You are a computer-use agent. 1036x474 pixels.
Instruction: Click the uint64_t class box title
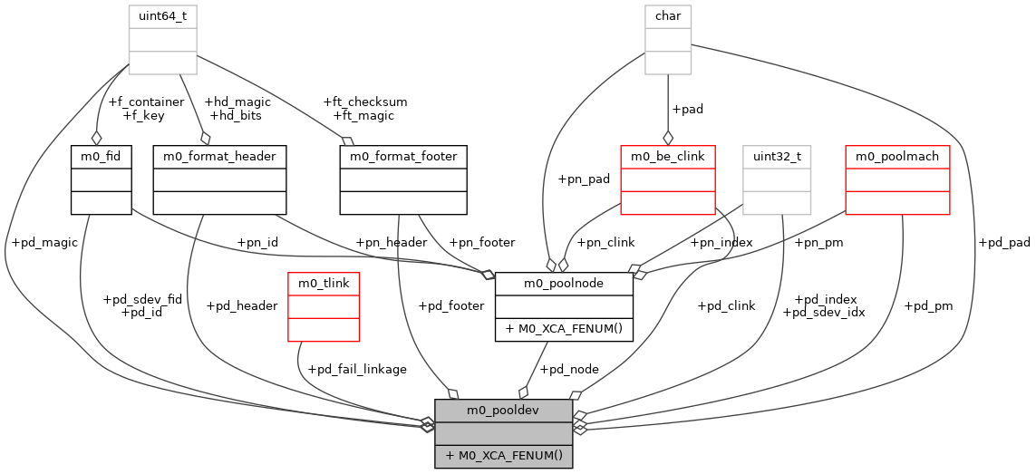tap(162, 16)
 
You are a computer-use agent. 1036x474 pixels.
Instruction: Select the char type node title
tap(668, 16)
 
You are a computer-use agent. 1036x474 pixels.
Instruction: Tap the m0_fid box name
tap(102, 157)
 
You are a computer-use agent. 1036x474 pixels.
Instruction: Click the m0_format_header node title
tap(220, 157)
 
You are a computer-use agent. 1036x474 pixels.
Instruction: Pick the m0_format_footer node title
tap(403, 157)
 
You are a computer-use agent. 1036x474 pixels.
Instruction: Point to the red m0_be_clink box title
tap(668, 157)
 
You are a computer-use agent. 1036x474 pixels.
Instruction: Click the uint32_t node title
tap(777, 157)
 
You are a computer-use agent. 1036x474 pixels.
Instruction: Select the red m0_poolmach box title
tap(896, 157)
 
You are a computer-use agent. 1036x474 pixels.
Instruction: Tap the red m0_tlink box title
tap(324, 284)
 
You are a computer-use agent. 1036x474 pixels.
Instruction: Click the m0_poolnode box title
tap(564, 284)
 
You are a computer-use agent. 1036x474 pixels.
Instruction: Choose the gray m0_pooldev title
tap(504, 411)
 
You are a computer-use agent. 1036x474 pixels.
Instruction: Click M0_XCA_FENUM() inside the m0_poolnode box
tap(564, 328)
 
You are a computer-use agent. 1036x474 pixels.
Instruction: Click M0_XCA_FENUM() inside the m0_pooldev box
tap(504, 455)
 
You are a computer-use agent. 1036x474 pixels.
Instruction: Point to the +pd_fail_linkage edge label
tap(357, 369)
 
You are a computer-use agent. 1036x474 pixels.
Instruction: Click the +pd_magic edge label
tap(44, 242)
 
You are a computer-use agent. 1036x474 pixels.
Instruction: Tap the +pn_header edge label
tap(391, 242)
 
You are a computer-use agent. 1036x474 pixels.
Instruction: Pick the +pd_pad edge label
tap(1004, 242)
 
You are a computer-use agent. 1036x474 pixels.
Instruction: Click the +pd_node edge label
tap(568, 369)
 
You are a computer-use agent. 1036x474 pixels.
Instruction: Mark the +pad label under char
tap(687, 109)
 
